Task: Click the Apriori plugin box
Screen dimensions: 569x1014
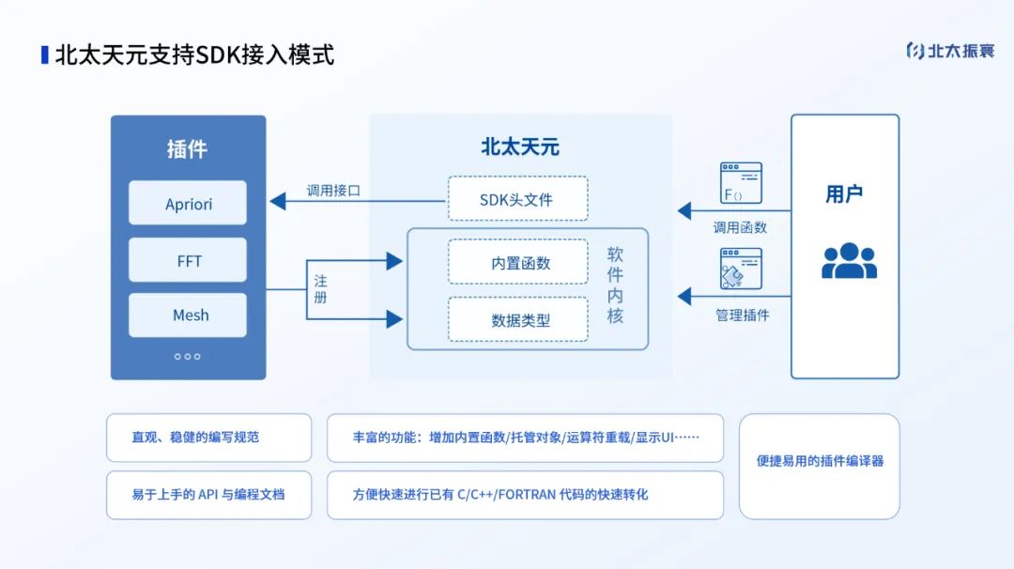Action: click(188, 203)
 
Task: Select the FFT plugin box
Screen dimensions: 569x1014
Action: click(188, 260)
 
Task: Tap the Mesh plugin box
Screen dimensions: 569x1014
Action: click(188, 315)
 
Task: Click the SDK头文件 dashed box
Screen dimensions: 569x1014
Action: click(517, 199)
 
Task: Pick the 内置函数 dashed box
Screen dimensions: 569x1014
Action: click(517, 262)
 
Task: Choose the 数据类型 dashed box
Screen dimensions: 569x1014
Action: click(517, 319)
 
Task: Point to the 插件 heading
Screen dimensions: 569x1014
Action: click(187, 148)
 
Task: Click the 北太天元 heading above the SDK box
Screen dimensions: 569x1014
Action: click(519, 146)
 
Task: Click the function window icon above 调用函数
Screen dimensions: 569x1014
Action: click(740, 183)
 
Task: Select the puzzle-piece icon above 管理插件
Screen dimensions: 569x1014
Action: click(740, 269)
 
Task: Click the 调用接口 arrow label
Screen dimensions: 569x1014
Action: click(333, 190)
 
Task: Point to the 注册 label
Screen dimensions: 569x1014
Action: click(321, 289)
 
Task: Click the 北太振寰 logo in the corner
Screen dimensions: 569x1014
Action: click(949, 51)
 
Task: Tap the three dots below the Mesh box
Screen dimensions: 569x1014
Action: click(188, 356)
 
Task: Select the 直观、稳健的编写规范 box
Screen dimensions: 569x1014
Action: click(208, 438)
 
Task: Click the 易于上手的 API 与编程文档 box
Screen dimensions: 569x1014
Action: click(208, 495)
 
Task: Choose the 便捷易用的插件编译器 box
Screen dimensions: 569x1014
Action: click(820, 461)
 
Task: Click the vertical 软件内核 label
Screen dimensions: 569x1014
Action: click(615, 285)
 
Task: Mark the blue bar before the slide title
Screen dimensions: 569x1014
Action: click(44, 54)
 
